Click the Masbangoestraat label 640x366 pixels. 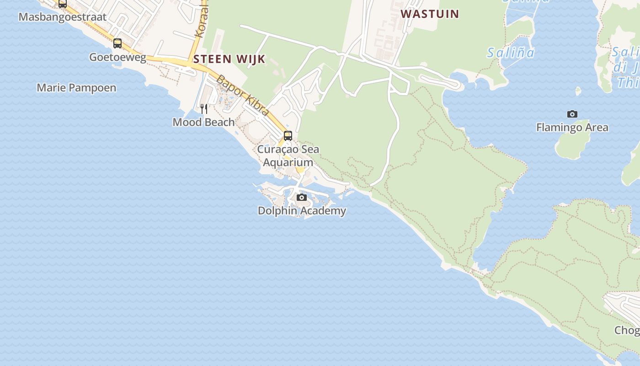pos(62,17)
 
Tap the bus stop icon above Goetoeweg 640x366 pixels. pos(117,43)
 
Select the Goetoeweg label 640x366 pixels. pos(117,57)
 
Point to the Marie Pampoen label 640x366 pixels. pos(76,87)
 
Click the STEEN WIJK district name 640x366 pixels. pos(229,59)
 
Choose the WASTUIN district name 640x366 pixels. pos(430,14)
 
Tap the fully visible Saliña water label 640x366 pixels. pos(510,53)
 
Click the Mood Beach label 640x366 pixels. pos(203,122)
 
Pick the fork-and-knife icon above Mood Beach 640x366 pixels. pos(204,108)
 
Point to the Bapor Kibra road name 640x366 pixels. pos(242,95)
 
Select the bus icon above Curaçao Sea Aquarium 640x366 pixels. pos(288,135)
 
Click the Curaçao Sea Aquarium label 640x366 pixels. pos(288,156)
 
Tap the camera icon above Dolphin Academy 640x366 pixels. pos(302,197)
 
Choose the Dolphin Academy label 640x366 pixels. pos(302,211)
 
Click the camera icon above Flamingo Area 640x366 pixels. pos(572,114)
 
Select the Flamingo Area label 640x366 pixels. pos(572,127)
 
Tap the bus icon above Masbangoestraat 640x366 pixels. pos(63,4)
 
